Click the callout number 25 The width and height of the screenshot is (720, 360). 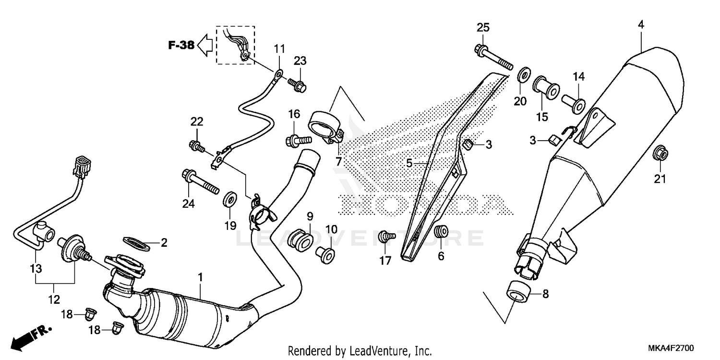(x=483, y=27)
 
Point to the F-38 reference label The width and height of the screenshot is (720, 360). (x=181, y=46)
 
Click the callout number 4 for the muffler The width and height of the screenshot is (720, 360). (x=641, y=24)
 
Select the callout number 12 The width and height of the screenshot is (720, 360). (x=54, y=300)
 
